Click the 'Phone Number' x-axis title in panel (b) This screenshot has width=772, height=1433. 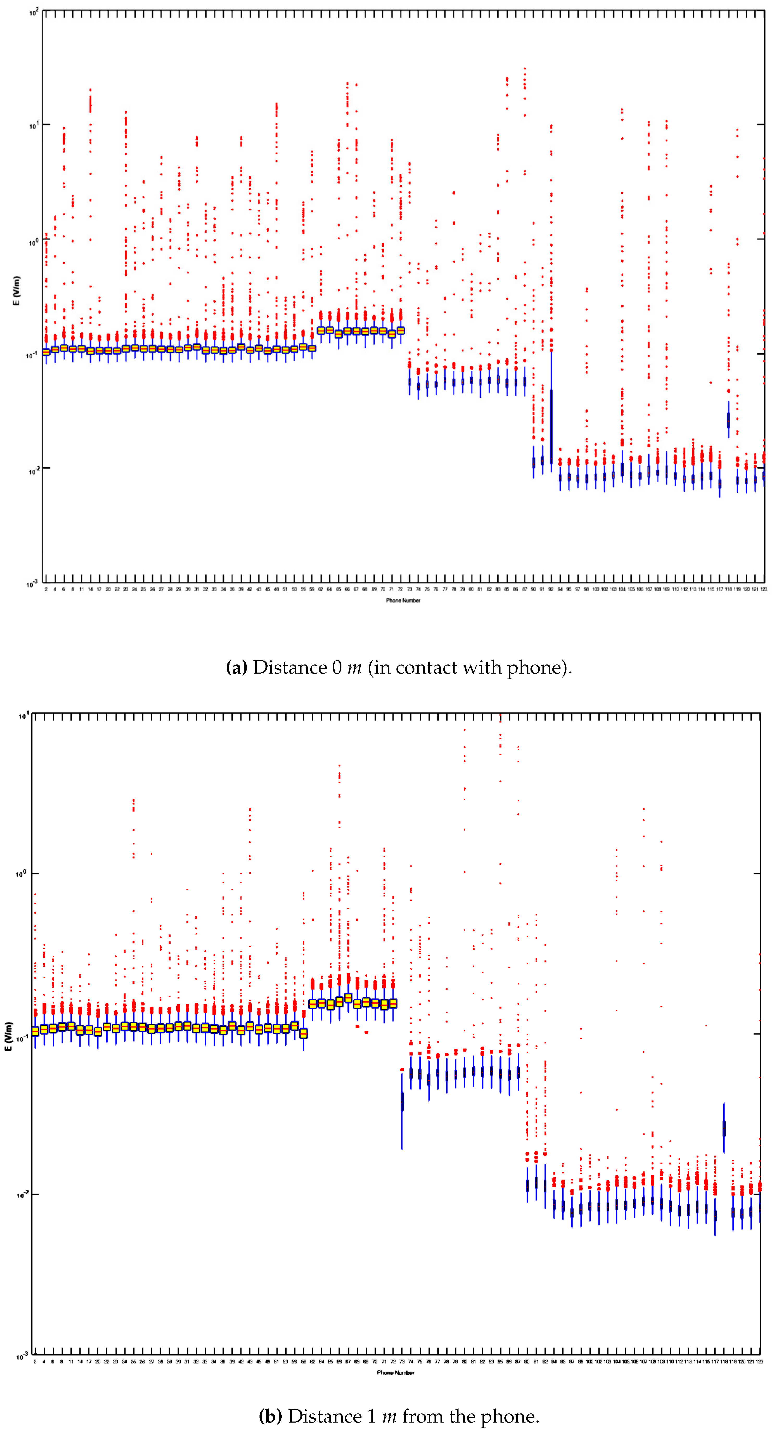coord(395,1372)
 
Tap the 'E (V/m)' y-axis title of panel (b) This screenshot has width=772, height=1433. coord(8,1036)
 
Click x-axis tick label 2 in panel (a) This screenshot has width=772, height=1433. coord(46,589)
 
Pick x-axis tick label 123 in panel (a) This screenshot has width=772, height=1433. coord(764,589)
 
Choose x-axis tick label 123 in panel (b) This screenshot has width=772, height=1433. coord(759,1361)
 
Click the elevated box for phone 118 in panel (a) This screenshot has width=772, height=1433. coord(728,420)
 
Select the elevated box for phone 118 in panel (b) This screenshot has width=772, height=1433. coord(723,1128)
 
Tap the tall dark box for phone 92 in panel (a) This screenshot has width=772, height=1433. coord(551,426)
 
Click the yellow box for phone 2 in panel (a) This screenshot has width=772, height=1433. coord(46,352)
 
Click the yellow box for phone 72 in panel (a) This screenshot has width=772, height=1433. coord(400,330)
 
